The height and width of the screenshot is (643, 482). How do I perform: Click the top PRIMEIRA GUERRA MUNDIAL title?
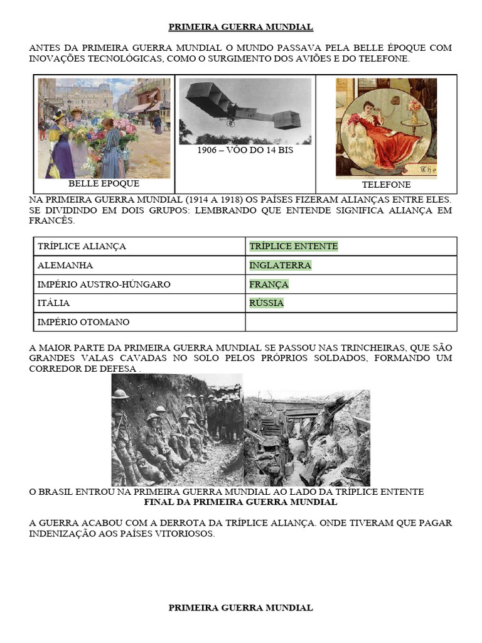tap(241, 27)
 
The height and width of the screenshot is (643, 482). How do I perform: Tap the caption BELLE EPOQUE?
tap(104, 184)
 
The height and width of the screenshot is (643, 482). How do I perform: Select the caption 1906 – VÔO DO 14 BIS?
tap(245, 150)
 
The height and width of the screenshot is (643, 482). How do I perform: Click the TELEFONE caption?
tap(386, 185)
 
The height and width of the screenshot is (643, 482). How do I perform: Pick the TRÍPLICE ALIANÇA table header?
tap(82, 246)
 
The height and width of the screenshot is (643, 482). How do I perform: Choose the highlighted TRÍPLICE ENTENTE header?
tap(293, 246)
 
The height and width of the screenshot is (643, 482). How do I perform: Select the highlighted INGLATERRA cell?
tap(280, 265)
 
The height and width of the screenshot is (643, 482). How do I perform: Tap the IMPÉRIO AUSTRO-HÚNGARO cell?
tap(104, 284)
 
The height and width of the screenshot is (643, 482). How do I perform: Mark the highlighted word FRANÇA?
tap(269, 284)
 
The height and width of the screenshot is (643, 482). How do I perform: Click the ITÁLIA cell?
tap(53, 303)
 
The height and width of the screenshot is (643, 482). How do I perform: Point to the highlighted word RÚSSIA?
tap(266, 303)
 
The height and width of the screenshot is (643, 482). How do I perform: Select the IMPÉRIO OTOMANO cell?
tap(83, 322)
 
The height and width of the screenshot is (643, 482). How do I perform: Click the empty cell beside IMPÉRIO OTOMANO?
tap(351, 322)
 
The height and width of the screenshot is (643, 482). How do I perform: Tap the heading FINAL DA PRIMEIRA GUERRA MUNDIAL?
tap(241, 502)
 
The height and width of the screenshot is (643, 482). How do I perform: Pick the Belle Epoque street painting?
tap(104, 128)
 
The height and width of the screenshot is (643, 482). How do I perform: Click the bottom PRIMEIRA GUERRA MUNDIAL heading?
tap(241, 608)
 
